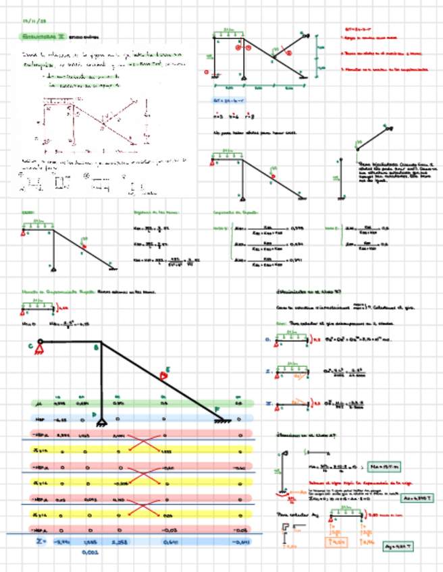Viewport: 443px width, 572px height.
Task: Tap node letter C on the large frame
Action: [x=31, y=347]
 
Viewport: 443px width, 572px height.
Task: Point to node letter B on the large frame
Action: [x=95, y=348]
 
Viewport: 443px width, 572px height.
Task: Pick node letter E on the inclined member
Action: [x=167, y=370]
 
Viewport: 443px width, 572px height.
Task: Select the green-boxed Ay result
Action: [x=396, y=547]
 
